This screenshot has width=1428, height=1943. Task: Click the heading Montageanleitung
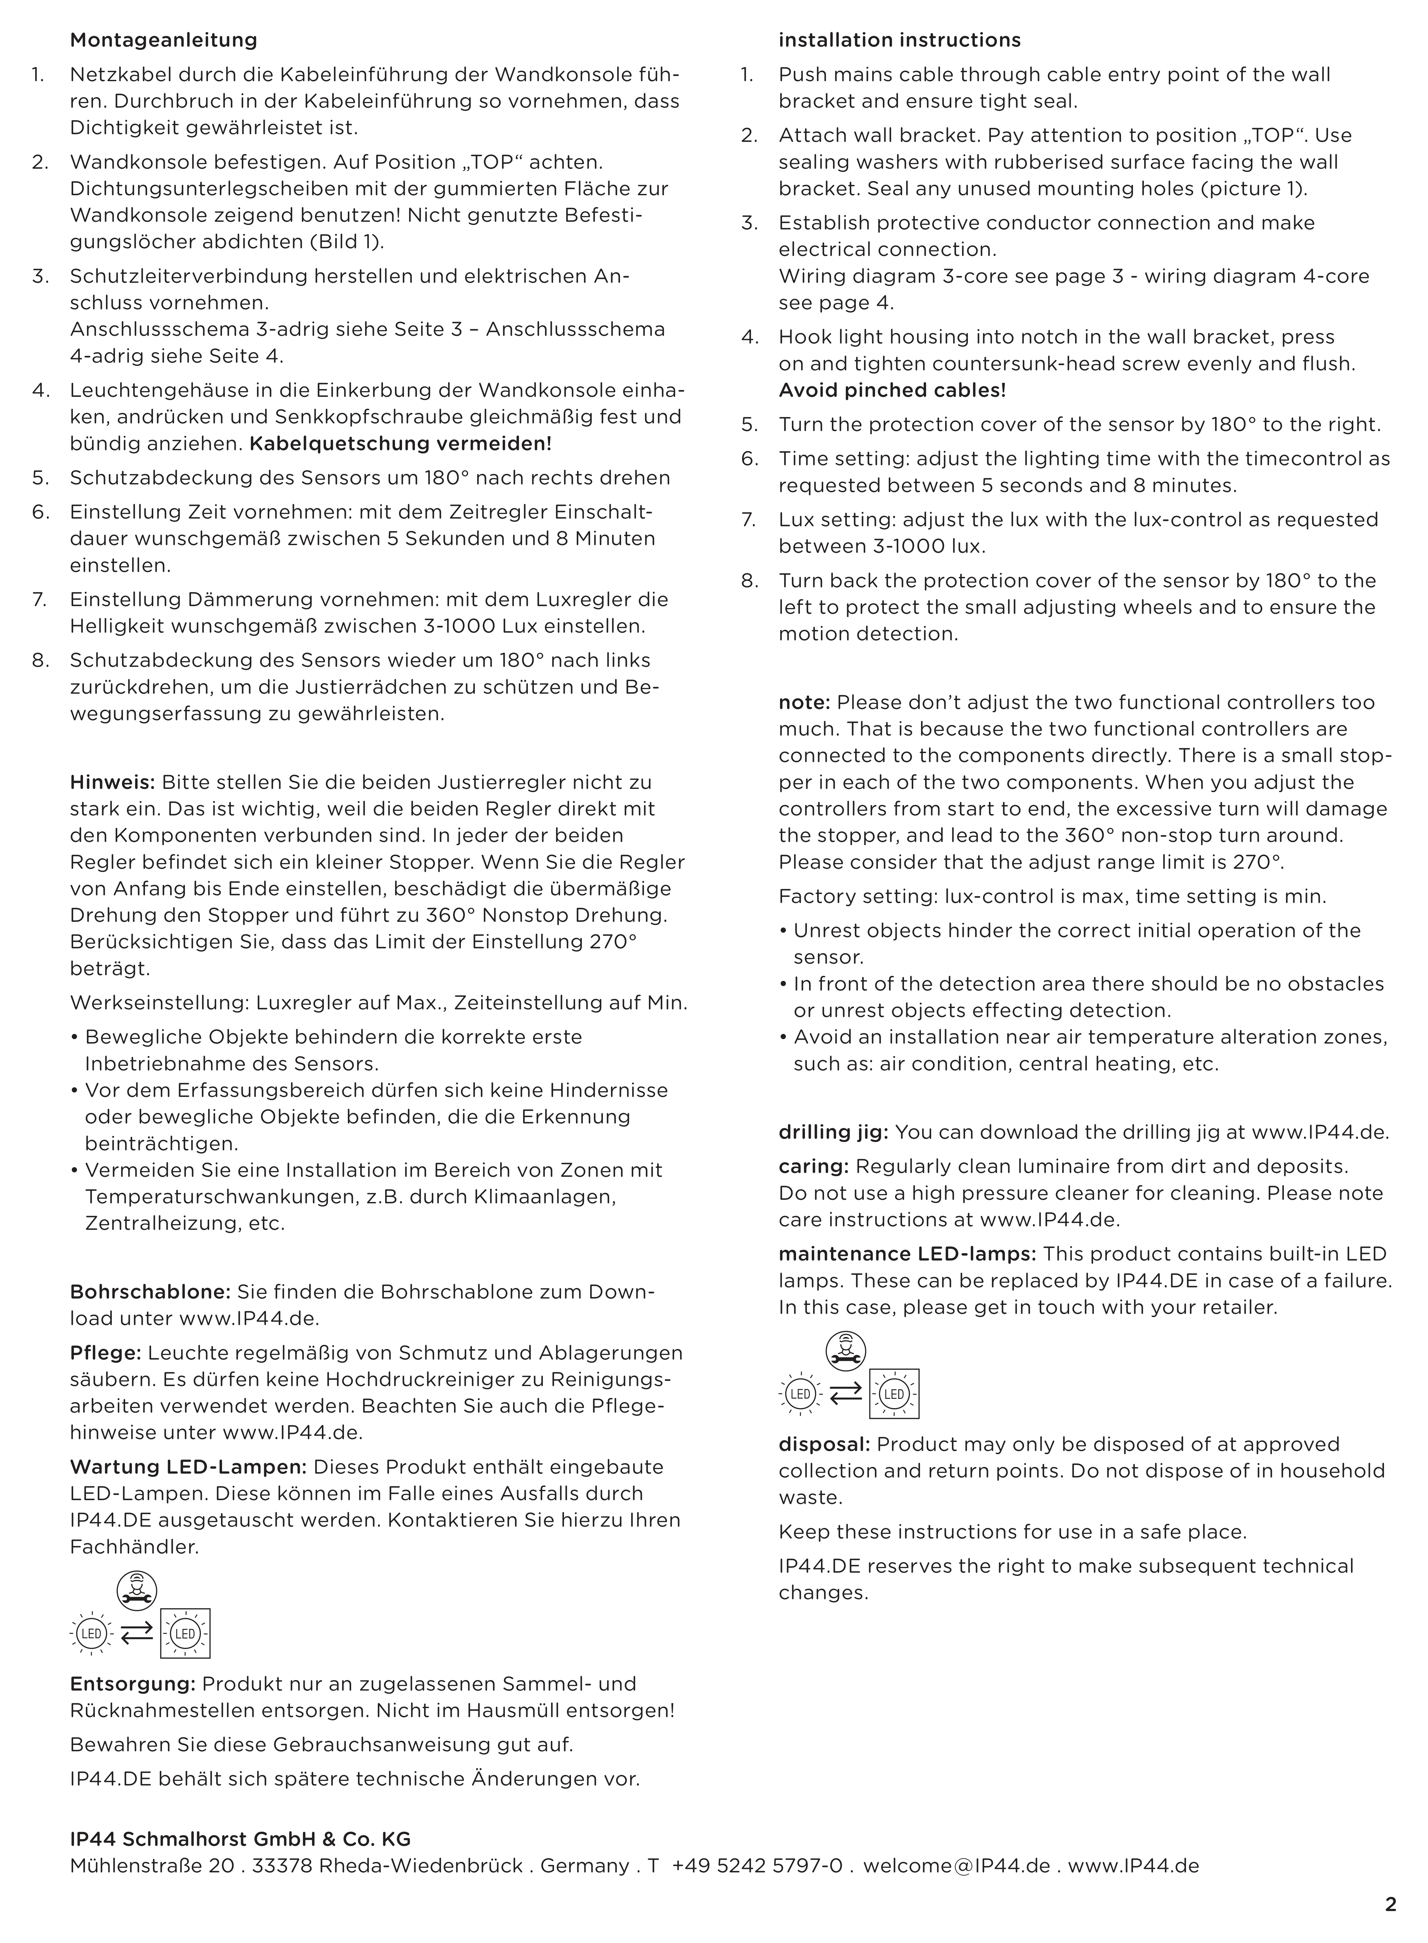(x=163, y=40)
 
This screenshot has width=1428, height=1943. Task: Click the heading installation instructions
(x=899, y=40)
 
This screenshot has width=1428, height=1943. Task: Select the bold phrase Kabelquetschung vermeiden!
(x=400, y=443)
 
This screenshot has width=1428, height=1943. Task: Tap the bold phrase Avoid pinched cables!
(x=892, y=390)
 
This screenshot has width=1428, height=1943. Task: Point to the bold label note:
(x=804, y=702)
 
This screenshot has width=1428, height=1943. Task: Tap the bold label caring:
(x=813, y=1167)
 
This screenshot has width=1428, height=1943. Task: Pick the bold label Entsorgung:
(x=133, y=1684)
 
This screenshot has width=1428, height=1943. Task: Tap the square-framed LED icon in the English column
(x=894, y=1394)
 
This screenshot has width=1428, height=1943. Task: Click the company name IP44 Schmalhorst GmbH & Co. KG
(x=240, y=1839)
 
